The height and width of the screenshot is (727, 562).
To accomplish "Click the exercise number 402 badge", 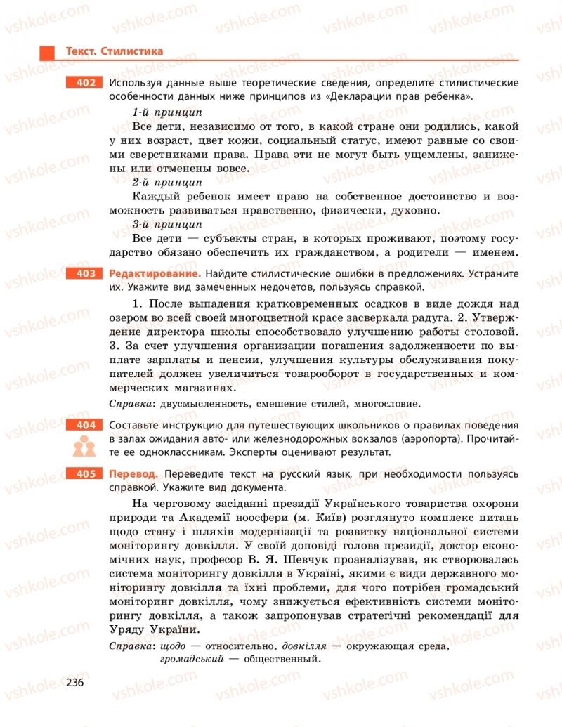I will point(86,83).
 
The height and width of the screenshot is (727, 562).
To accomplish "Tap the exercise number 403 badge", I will point(86,273).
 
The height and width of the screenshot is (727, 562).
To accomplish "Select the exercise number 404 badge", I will point(86,426).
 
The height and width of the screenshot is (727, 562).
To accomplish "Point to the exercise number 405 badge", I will point(86,474).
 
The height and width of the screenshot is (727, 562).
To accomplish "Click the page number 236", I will point(75,683).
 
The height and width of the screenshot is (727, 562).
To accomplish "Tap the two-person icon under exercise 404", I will point(85,447).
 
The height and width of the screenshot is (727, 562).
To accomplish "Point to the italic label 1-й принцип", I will point(167,112).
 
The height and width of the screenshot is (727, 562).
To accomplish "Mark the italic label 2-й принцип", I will point(167,182).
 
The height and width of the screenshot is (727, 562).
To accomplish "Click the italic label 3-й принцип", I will point(167,224).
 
